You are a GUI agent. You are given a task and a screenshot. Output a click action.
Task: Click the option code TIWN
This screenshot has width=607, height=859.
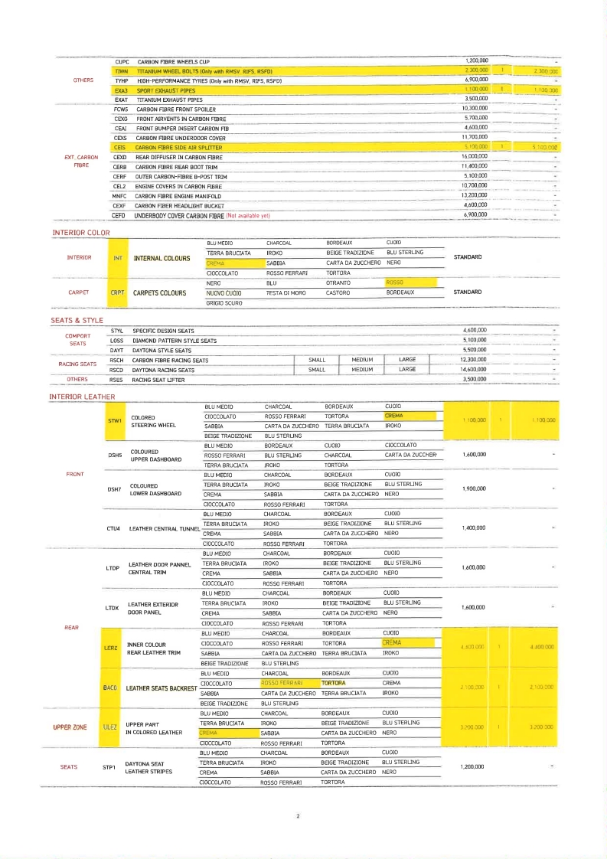coord(121,70)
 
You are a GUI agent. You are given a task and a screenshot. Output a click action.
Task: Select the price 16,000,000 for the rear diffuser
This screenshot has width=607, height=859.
coord(475,156)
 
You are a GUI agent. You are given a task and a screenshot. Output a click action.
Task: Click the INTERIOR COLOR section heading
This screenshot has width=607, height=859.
coord(82,231)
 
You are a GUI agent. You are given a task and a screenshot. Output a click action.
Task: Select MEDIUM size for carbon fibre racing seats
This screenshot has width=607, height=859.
coord(362,360)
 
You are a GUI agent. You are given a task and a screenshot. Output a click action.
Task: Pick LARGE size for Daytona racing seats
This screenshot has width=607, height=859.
coord(407,369)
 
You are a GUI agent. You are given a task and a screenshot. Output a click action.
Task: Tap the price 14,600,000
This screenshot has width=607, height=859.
coord(475,369)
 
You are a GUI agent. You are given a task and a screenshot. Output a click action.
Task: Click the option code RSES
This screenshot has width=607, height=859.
coord(116,379)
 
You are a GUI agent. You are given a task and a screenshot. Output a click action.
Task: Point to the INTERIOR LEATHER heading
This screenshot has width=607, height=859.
coord(82,396)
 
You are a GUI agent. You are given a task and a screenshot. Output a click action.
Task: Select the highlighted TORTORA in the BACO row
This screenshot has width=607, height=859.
coord(334,683)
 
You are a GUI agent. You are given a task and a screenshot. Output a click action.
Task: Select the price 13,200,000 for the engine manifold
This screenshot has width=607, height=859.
coord(475,196)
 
